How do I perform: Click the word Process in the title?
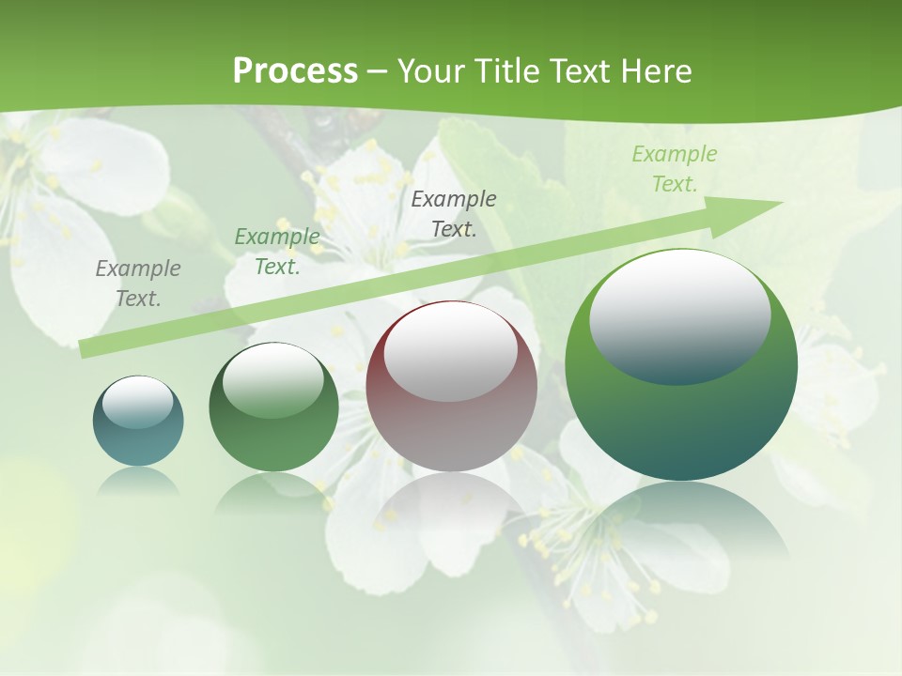[295, 70]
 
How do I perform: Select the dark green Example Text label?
[276, 252]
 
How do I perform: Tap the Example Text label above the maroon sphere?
[454, 213]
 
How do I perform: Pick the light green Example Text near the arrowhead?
[674, 169]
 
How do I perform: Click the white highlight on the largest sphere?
[679, 315]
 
